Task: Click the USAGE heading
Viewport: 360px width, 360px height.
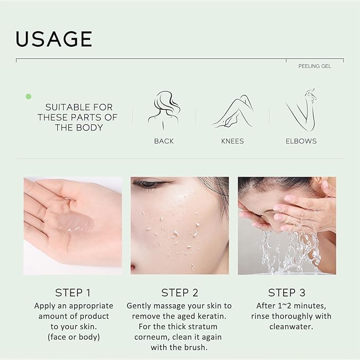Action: (x=54, y=39)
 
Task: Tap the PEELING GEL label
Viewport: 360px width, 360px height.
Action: (x=314, y=66)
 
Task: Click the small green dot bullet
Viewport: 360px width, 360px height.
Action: (x=29, y=96)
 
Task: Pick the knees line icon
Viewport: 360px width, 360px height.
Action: (x=233, y=111)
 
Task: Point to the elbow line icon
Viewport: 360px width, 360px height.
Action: (x=301, y=109)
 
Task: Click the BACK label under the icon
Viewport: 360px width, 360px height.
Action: (x=164, y=141)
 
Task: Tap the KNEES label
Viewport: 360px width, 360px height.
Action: (x=233, y=141)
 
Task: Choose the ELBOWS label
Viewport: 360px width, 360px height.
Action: (x=301, y=141)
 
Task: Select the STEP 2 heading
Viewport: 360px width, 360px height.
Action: (x=179, y=293)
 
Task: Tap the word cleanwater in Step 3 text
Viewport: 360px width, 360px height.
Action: (x=291, y=327)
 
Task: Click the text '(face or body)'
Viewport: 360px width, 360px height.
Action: (x=74, y=337)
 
